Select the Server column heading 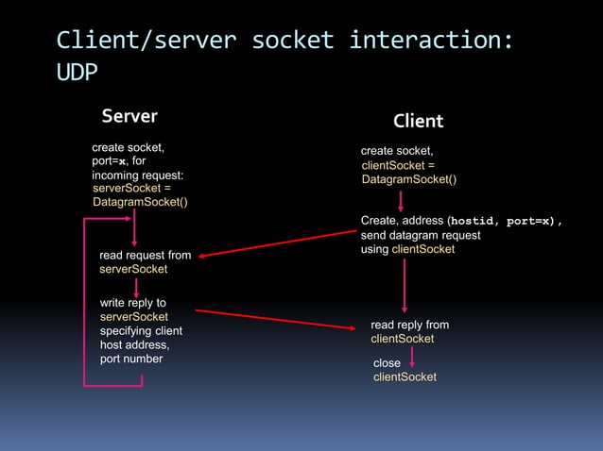[129, 117]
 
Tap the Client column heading [418, 122]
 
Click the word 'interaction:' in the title [431, 41]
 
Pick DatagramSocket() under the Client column [409, 179]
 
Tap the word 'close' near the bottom [387, 363]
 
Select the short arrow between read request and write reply [134, 284]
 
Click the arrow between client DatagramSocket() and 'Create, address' [401, 200]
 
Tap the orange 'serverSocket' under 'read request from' [133, 269]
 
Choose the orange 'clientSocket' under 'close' [405, 377]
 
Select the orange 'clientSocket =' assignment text [398, 165]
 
